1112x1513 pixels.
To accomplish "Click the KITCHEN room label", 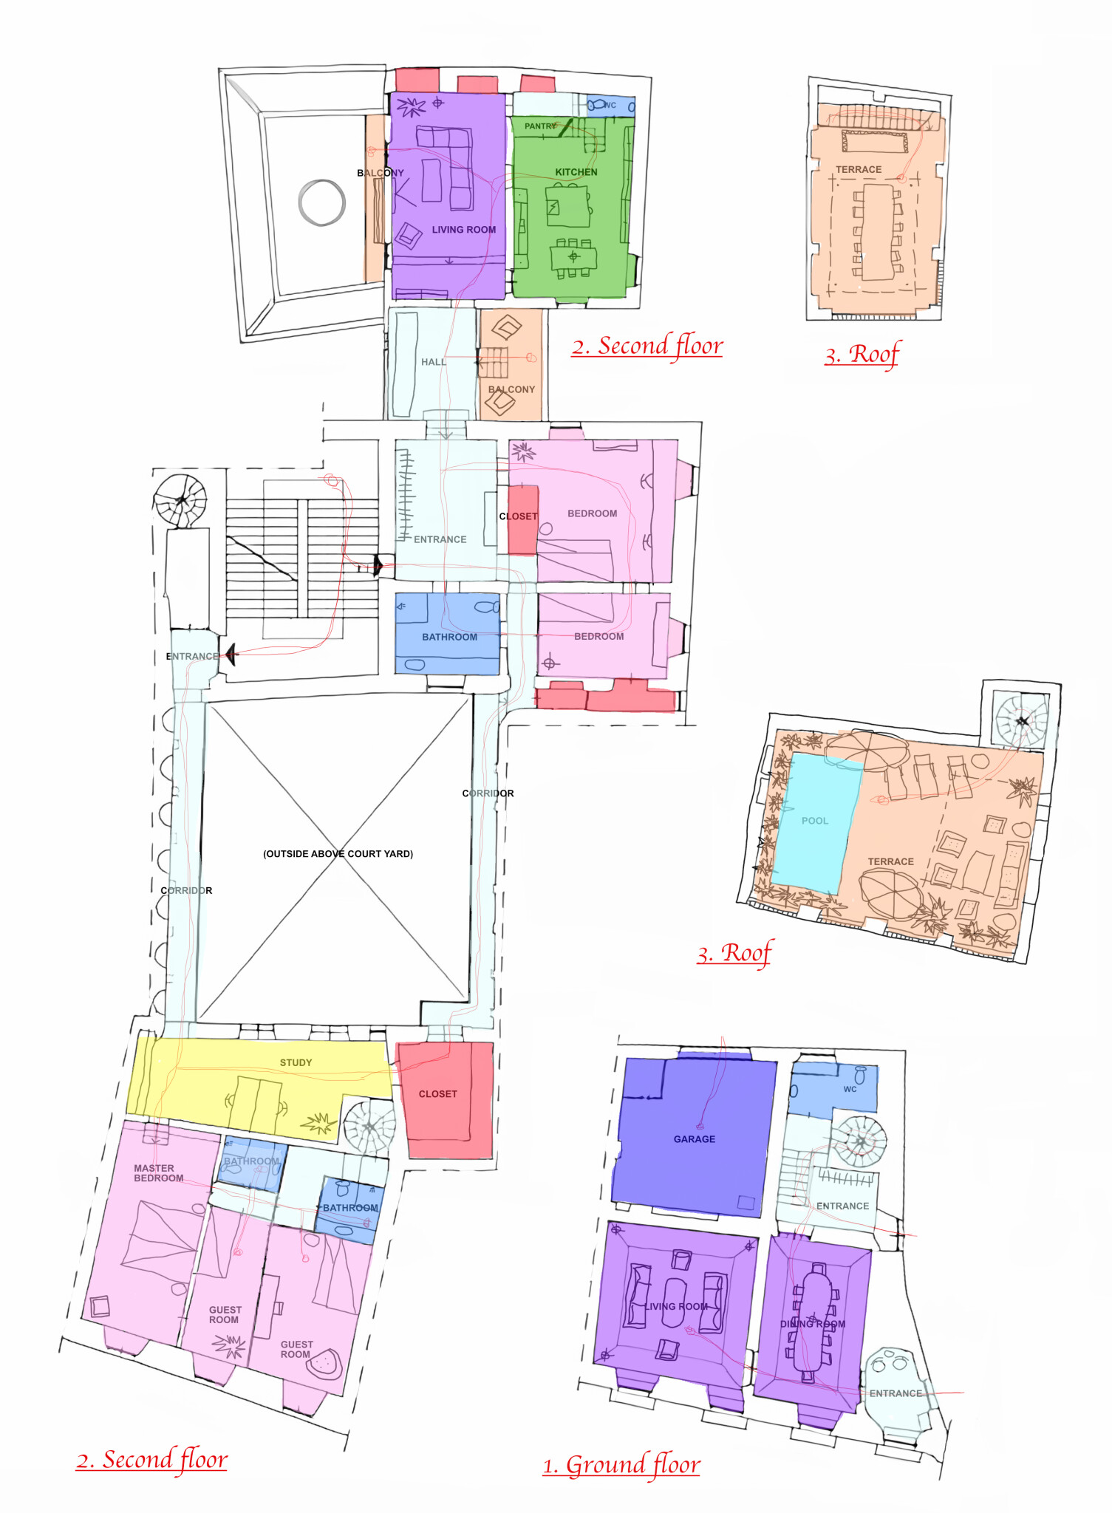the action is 576,172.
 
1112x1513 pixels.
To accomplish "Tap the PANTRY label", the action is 540,126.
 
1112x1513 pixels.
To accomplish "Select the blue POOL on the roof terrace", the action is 819,822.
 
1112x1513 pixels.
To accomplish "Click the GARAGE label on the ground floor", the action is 695,1139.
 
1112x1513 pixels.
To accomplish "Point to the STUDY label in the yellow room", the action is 296,1062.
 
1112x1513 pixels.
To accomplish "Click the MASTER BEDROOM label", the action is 158,1173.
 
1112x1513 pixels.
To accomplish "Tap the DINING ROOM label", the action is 813,1324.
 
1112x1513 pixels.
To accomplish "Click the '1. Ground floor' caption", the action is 621,1464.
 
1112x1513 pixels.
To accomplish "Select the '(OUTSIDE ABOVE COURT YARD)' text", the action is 338,853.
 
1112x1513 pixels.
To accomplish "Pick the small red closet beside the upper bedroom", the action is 522,519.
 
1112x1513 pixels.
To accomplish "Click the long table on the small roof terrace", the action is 879,232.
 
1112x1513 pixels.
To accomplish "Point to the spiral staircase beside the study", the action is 369,1126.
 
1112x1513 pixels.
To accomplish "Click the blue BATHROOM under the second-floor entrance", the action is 447,633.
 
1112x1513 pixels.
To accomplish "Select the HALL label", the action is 433,362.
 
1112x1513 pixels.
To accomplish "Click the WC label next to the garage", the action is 850,1089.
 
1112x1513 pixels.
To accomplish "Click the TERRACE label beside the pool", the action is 890,861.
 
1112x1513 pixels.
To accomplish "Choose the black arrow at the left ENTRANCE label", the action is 231,654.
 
